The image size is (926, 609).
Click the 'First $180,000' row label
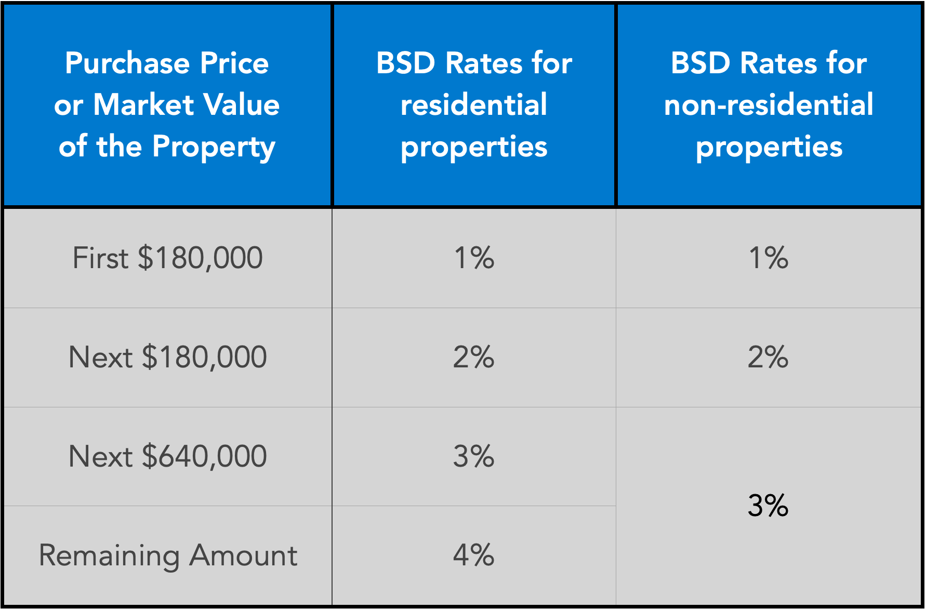point(167,258)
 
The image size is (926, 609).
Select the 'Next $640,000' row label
point(167,456)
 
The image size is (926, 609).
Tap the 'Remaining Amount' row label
point(167,555)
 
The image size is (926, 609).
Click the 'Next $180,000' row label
point(167,357)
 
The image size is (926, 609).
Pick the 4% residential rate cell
point(473,555)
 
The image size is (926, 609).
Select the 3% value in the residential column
point(473,456)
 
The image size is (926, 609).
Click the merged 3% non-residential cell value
point(768,505)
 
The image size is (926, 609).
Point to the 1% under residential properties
point(473,258)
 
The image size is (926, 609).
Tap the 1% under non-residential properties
point(768,258)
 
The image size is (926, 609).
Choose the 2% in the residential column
point(473,357)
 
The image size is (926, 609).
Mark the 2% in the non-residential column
point(768,357)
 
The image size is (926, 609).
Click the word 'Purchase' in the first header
point(127,63)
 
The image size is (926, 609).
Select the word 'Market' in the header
point(143,104)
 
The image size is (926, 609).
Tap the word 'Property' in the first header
point(213,147)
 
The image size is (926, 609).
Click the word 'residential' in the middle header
point(473,104)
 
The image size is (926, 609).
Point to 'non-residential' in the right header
point(768,104)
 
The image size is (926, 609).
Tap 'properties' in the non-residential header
point(768,147)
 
